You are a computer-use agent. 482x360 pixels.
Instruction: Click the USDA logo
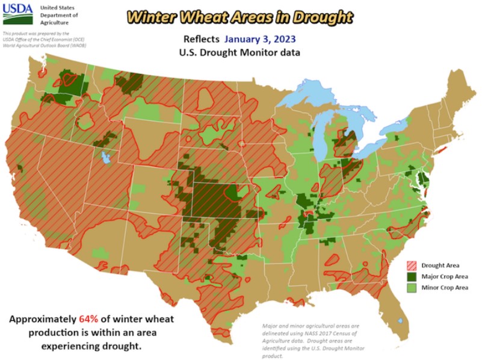click(18, 14)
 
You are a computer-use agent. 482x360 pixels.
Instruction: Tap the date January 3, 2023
click(260, 40)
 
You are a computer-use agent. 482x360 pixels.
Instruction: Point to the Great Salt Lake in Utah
click(106, 159)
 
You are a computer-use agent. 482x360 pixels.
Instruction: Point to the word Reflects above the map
click(202, 40)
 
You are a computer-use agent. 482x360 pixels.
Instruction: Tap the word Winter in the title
click(149, 16)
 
